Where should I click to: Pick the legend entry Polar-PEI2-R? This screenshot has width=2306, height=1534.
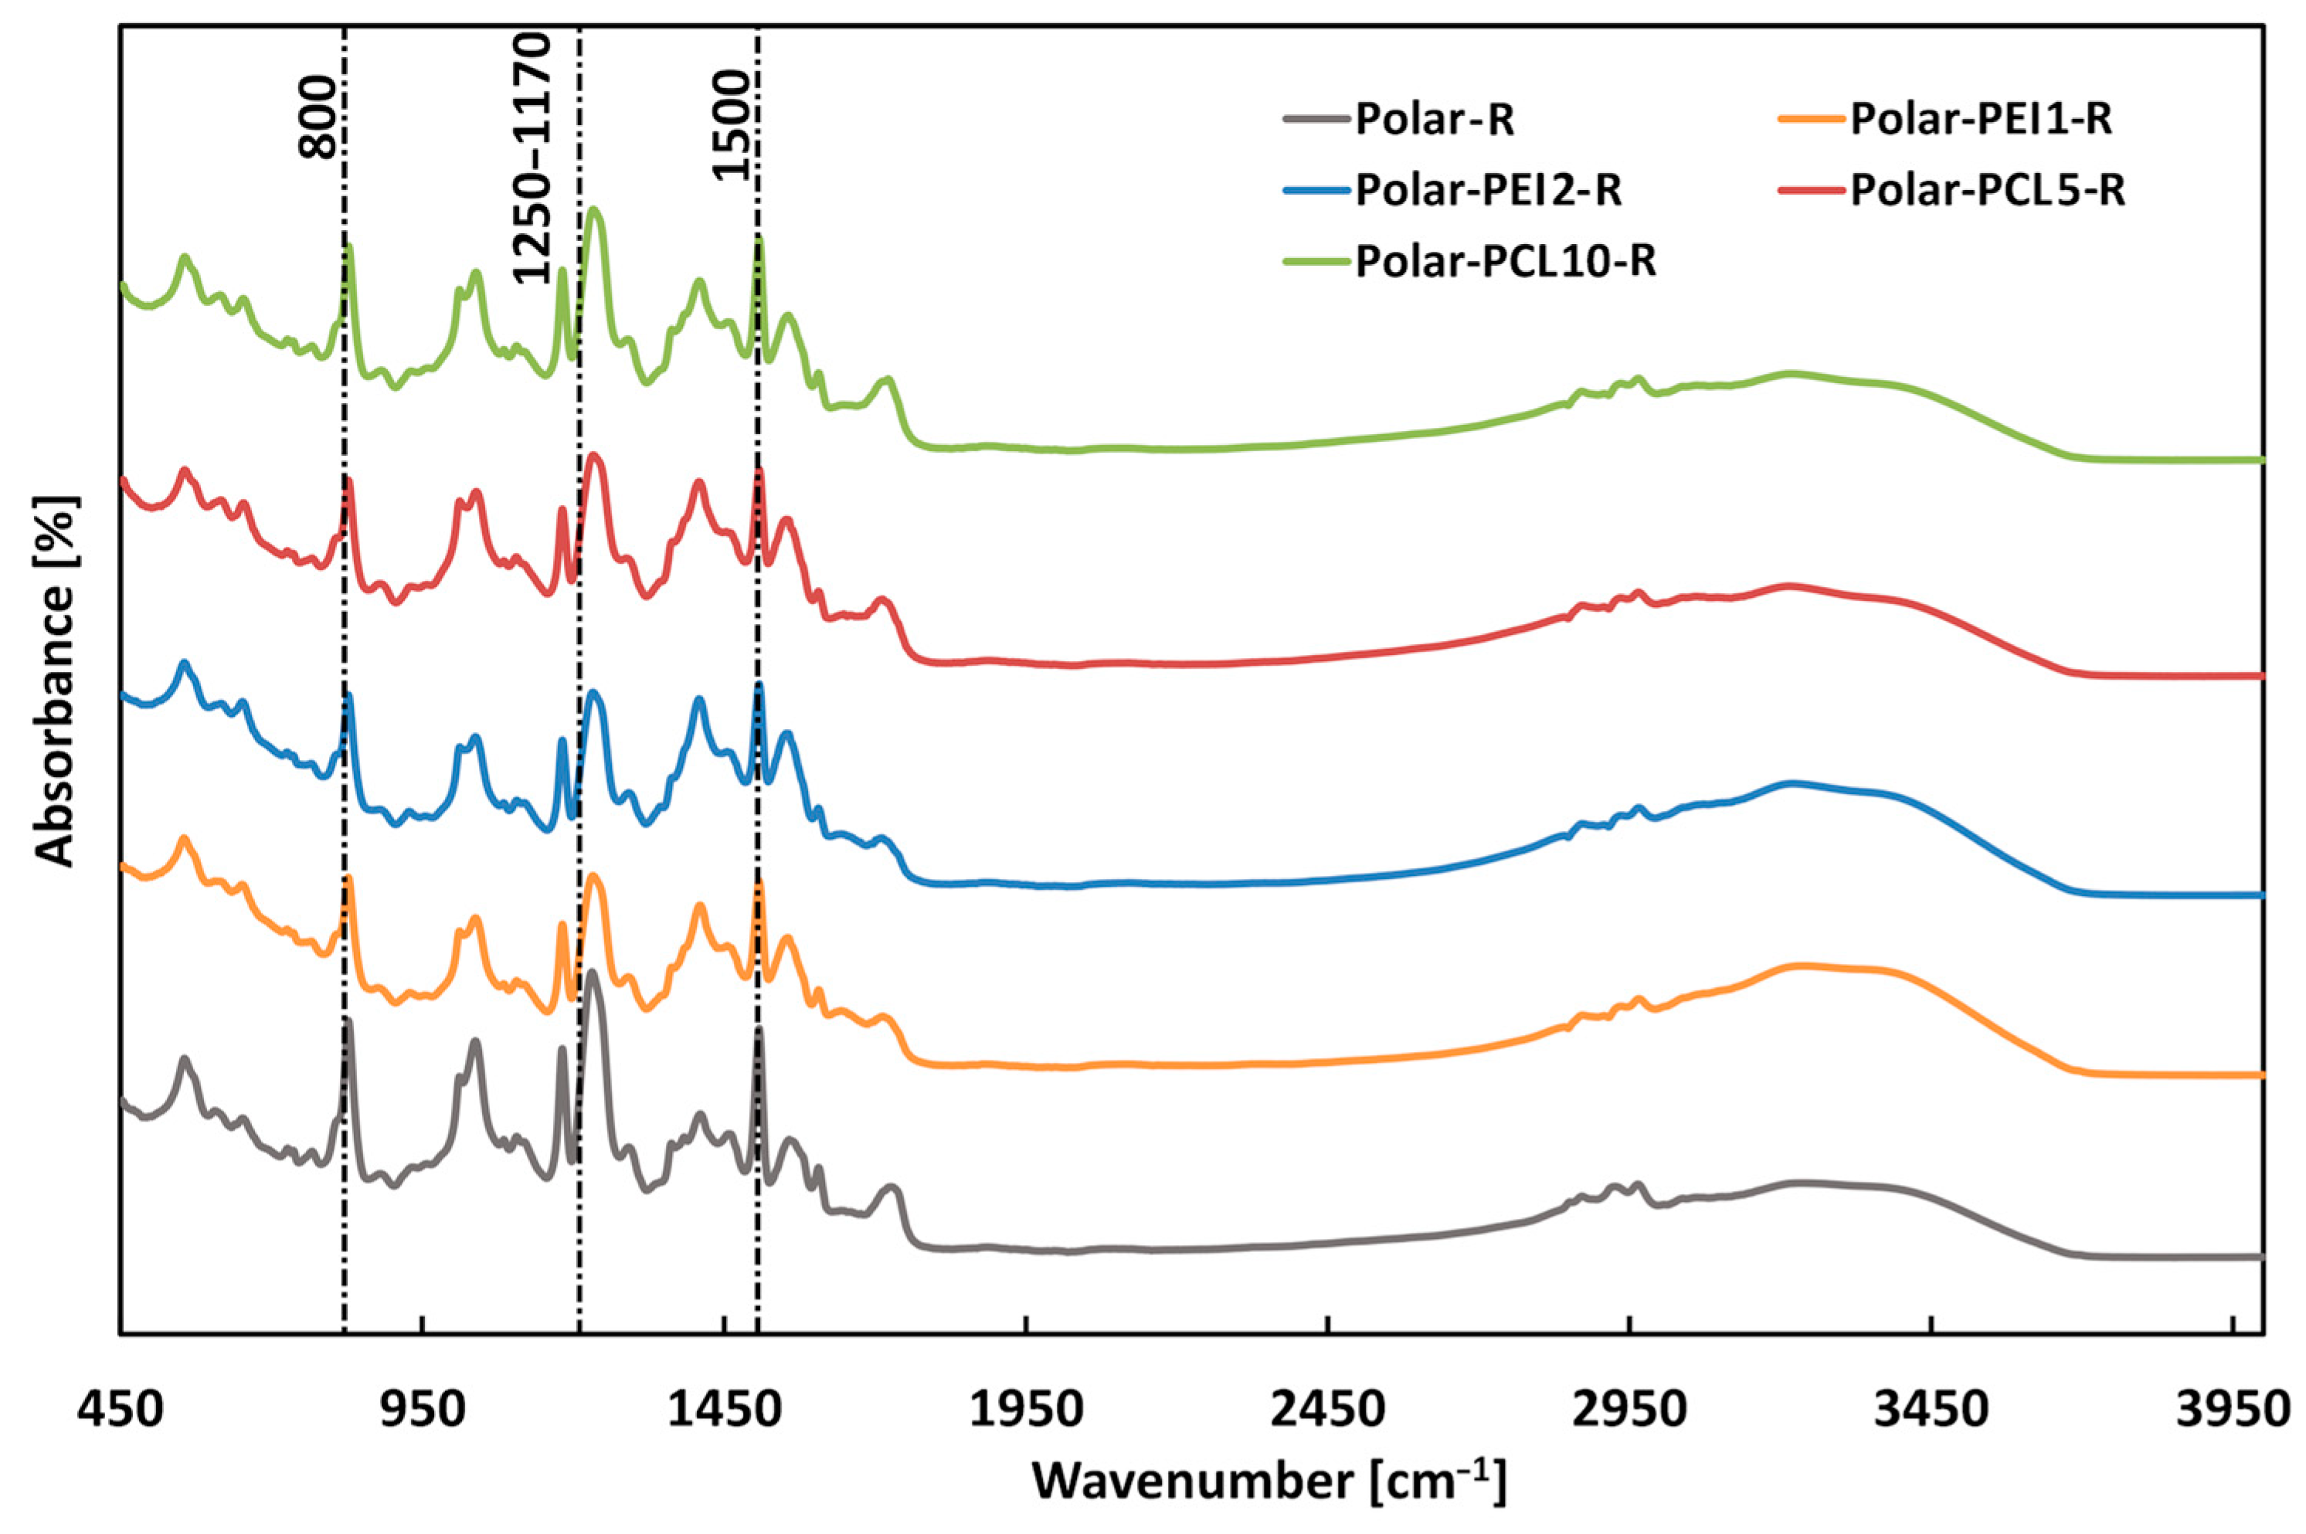click(1488, 191)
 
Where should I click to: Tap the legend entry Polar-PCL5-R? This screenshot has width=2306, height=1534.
click(1987, 191)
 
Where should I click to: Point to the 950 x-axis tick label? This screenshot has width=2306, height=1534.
click(422, 1410)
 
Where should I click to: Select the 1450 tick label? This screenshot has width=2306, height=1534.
click(724, 1410)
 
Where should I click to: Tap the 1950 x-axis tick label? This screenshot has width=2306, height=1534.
click(1025, 1410)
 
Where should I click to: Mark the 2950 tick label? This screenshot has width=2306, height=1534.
click(1630, 1410)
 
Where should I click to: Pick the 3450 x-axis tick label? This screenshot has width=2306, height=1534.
click(1931, 1410)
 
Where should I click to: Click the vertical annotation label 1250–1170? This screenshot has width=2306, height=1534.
click(533, 157)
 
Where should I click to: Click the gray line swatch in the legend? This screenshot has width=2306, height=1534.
click(1316, 122)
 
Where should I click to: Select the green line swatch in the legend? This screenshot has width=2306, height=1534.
click(1316, 262)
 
